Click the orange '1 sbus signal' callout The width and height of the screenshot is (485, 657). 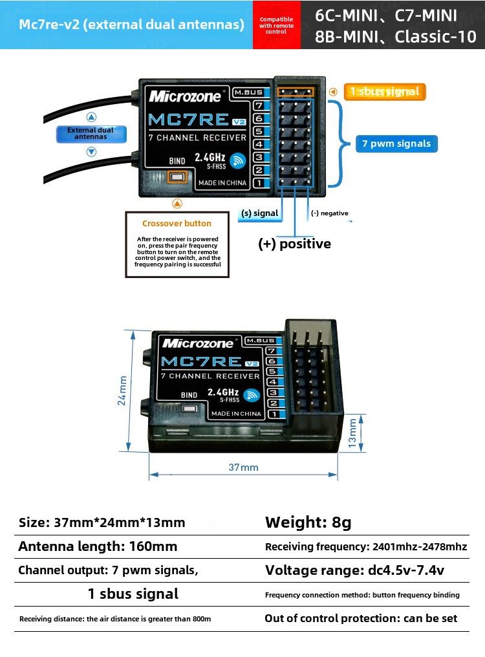pos(384,92)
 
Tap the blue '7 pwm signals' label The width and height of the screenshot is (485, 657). pos(396,144)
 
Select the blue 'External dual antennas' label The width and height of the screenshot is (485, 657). pos(91,134)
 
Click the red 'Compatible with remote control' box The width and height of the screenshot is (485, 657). pos(276,25)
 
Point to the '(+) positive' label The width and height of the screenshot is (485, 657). pos(294,244)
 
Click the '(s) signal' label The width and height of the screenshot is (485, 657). pos(259,213)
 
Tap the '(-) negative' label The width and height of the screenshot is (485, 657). pos(329,213)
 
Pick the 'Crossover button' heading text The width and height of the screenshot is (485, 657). pos(177,224)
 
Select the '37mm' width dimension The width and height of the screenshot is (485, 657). pos(243,467)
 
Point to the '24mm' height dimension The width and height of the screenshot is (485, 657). pos(122,391)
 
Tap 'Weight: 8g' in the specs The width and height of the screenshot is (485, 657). pos(308,522)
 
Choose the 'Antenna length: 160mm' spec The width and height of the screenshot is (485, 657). pos(98,546)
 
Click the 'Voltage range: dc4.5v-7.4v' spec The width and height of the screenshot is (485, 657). pos(354,570)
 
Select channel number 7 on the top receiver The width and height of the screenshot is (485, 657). pos(258,105)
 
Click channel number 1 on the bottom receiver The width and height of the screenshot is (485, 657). pos(272,414)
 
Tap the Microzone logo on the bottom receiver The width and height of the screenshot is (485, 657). pos(201,343)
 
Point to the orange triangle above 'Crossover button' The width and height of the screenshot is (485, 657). pos(177,204)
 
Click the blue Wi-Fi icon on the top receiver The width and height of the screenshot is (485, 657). pos(239,160)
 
